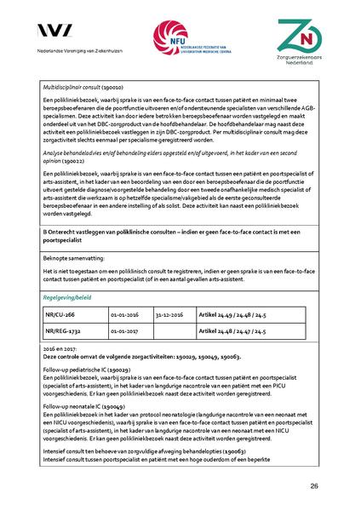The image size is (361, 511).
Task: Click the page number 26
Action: tap(314, 485)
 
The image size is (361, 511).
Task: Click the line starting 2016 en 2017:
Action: tap(60, 348)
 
